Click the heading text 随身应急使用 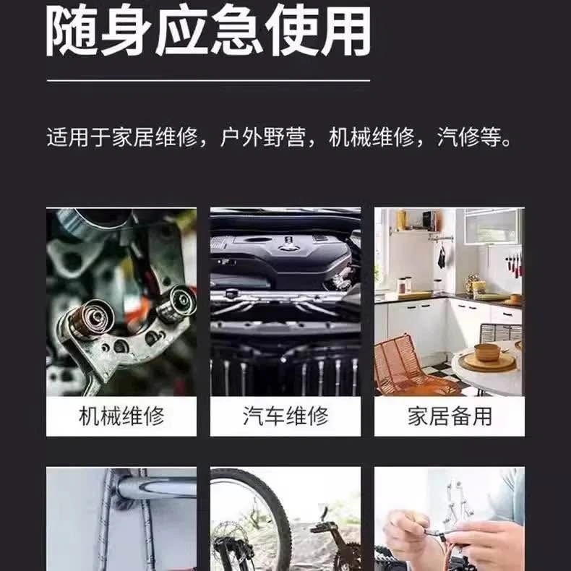(x=208, y=31)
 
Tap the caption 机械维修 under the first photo (x=121, y=416)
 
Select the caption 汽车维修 (x=285, y=416)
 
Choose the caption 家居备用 (x=450, y=416)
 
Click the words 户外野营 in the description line (x=263, y=137)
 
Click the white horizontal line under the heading (x=208, y=80)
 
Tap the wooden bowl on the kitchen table (x=487, y=352)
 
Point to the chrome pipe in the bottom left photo (x=156, y=488)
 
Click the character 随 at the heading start (x=72, y=31)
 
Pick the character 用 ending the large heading (x=345, y=31)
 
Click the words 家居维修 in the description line (x=155, y=137)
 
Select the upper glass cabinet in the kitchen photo (x=491, y=226)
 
